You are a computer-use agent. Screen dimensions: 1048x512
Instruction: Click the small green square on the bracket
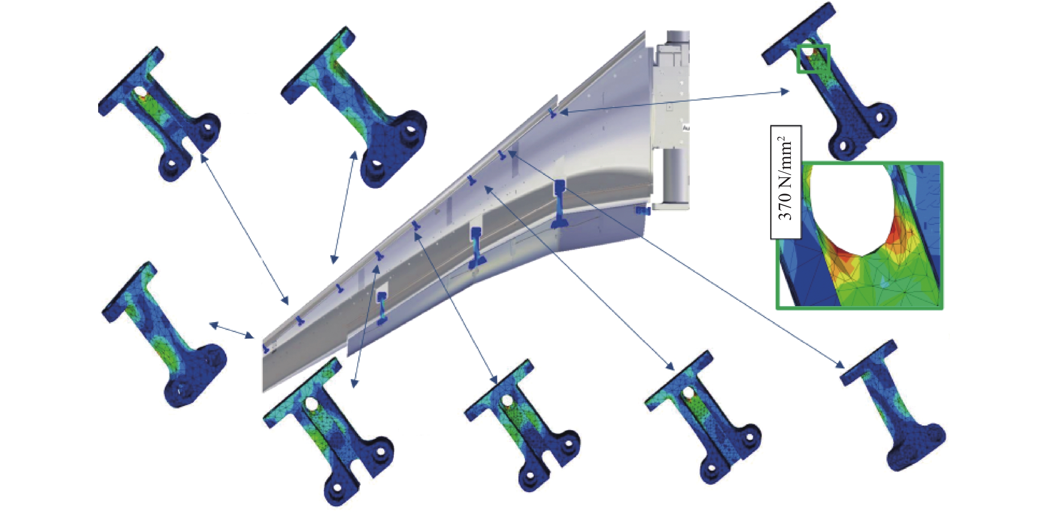pos(813,59)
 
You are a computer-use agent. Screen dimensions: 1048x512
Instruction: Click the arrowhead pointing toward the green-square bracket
pos(785,92)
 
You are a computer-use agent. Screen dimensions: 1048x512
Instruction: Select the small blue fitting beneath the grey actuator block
pos(643,211)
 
